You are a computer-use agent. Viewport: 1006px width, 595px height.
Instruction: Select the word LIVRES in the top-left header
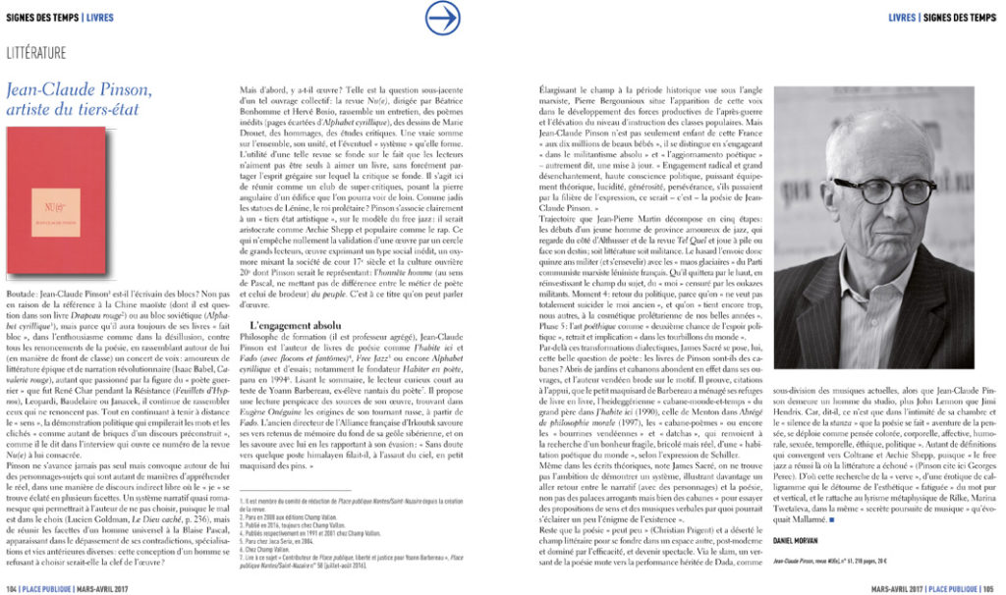click(x=99, y=17)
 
